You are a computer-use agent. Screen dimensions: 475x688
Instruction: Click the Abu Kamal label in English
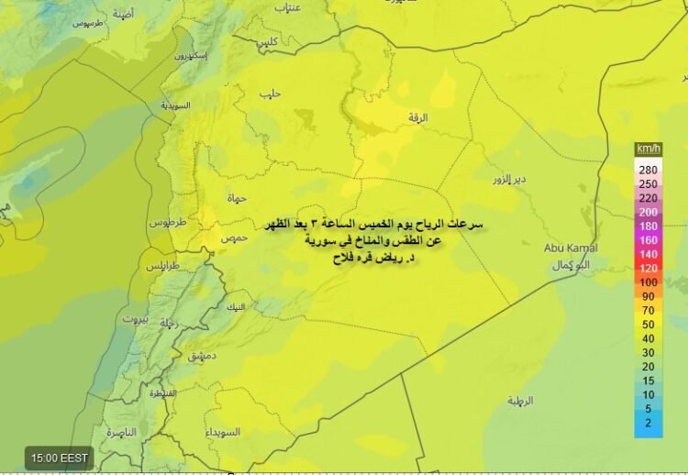click(x=571, y=248)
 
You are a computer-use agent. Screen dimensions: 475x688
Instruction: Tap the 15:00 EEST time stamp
click(x=60, y=457)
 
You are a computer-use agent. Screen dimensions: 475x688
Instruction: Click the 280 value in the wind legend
click(x=649, y=170)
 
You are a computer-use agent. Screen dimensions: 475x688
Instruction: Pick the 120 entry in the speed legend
click(x=649, y=268)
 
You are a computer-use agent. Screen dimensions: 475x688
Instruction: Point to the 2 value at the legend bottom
click(x=649, y=423)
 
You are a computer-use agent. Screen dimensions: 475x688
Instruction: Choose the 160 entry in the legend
click(x=649, y=239)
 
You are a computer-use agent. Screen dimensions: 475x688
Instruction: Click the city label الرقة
click(x=418, y=117)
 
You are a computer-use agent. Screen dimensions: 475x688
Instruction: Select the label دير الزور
click(x=507, y=178)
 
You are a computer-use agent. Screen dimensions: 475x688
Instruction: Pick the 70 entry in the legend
click(x=649, y=310)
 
